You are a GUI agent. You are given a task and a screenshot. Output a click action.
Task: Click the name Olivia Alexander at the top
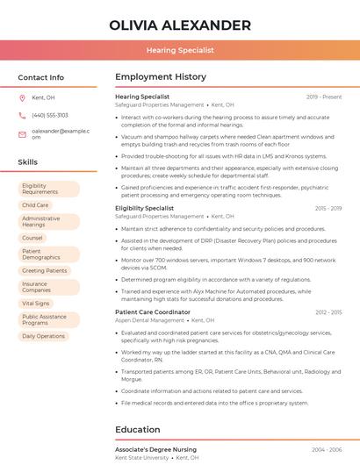[180, 25]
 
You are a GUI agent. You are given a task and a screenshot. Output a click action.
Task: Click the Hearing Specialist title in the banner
[180, 51]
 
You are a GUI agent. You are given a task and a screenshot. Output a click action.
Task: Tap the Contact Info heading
[41, 78]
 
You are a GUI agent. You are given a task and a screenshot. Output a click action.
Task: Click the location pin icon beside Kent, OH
[22, 98]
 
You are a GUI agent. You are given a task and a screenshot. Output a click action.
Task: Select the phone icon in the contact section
[22, 115]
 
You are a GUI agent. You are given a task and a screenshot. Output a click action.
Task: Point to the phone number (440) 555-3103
[50, 115]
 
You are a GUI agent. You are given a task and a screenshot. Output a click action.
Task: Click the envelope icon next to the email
[22, 133]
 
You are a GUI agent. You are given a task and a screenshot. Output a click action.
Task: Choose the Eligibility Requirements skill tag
[47, 190]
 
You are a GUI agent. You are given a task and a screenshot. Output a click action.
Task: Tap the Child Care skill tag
[36, 205]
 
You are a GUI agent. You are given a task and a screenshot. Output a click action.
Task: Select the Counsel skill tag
[32, 238]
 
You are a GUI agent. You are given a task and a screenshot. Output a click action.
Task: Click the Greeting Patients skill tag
[45, 271]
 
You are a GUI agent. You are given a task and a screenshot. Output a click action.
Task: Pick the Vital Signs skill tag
[36, 303]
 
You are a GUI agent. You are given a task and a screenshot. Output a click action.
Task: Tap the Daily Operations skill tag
[44, 336]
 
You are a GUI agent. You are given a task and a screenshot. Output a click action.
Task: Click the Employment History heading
[161, 78]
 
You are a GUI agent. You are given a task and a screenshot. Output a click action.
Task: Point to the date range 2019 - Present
[324, 97]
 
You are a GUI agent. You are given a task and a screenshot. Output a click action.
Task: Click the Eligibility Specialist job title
[145, 208]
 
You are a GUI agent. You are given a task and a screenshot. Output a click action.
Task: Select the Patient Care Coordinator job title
[153, 312]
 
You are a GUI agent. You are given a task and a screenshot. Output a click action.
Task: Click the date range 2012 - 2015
[328, 312]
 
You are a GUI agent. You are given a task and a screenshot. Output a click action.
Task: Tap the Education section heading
[137, 430]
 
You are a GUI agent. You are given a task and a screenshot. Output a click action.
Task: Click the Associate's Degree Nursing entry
[155, 449]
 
